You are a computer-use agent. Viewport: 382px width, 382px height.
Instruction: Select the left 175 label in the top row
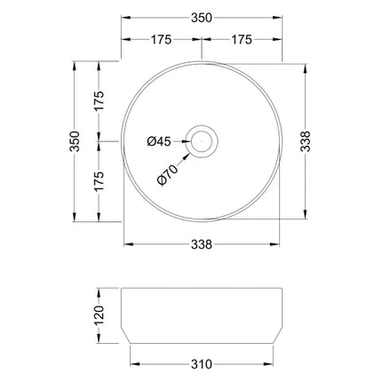pos(161,40)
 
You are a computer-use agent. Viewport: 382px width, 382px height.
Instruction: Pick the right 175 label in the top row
pos(243,40)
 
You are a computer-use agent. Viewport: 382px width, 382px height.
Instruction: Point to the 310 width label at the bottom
pos(202,363)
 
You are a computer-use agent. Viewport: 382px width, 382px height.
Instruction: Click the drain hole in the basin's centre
pos(202,140)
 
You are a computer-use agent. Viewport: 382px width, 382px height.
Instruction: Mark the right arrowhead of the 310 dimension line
pos(270,363)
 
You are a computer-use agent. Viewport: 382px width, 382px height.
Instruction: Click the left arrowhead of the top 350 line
pos(125,17)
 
